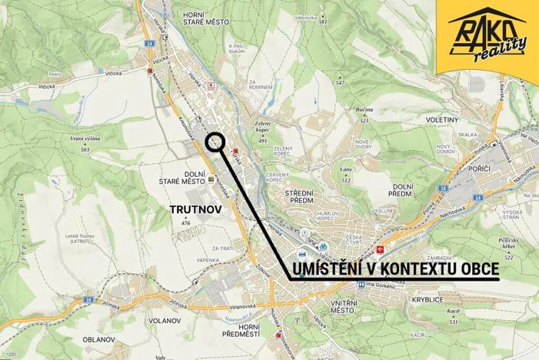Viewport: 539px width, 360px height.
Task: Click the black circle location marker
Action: tap(215, 141)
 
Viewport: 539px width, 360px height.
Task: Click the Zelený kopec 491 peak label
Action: tap(263, 131)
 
